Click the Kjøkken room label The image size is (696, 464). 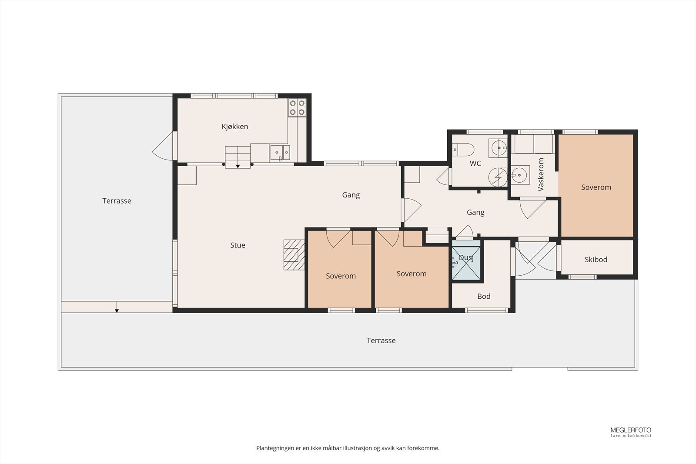pyautogui.click(x=235, y=127)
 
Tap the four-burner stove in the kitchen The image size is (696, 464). pyautogui.click(x=297, y=107)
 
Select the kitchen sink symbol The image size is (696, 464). pyautogui.click(x=280, y=153)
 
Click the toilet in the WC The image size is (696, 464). pyautogui.click(x=463, y=150)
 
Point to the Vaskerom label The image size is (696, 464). pyautogui.click(x=541, y=174)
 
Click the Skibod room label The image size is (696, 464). pyautogui.click(x=596, y=260)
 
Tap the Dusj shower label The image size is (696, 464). pyautogui.click(x=466, y=258)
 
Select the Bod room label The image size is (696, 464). pyautogui.click(x=484, y=296)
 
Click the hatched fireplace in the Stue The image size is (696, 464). pyautogui.click(x=294, y=255)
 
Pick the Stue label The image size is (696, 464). pyautogui.click(x=238, y=245)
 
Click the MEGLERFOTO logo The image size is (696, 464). pyautogui.click(x=630, y=432)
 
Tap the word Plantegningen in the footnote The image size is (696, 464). pyautogui.click(x=274, y=448)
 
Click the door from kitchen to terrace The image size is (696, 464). pyautogui.click(x=163, y=146)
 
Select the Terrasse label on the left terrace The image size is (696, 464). pyautogui.click(x=117, y=201)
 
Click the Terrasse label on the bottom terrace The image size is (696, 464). pyautogui.click(x=381, y=340)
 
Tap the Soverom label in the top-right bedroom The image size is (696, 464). pyautogui.click(x=596, y=187)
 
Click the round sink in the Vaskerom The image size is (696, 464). pyautogui.click(x=519, y=175)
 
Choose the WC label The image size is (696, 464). pyautogui.click(x=475, y=164)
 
